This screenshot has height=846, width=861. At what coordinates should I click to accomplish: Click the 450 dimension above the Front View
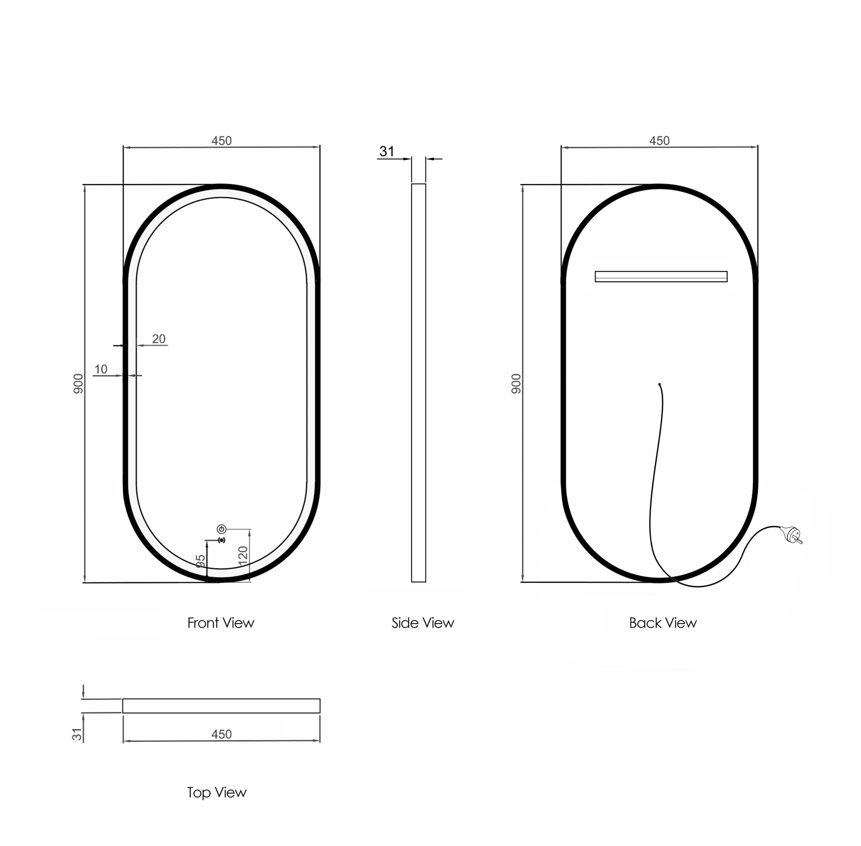coord(221,141)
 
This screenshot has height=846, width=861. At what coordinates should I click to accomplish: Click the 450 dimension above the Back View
coord(659,141)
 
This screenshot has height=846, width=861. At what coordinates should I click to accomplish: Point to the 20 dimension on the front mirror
coord(159,339)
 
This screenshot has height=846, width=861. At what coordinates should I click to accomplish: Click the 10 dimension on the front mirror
coord(101,369)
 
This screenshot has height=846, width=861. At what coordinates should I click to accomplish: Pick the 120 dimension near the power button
coord(243,556)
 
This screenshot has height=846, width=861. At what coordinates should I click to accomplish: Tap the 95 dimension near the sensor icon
coord(200,561)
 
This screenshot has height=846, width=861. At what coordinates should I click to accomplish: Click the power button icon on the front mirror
coord(221,529)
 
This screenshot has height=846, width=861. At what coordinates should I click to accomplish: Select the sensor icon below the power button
coord(221,540)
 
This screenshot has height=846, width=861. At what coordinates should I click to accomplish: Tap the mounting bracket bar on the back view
coord(661,276)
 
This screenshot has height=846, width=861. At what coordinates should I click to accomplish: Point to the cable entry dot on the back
coord(659,384)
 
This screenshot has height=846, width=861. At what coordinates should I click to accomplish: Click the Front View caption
coord(221,623)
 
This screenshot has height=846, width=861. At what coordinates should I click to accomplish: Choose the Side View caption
coord(422,623)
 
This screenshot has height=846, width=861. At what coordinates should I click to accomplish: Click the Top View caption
coord(217,792)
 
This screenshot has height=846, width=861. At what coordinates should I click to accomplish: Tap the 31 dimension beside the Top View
coord(77,734)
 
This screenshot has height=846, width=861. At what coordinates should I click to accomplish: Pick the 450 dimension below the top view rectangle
coord(221,734)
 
